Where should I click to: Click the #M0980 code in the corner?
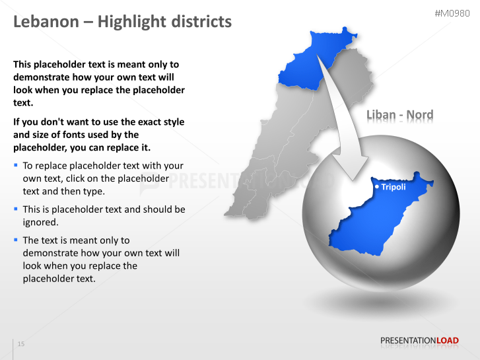(454, 13)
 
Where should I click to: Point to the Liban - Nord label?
(400, 116)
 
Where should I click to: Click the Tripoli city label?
(394, 187)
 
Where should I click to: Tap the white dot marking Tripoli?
(377, 187)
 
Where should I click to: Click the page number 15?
(21, 344)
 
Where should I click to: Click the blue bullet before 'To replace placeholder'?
(16, 165)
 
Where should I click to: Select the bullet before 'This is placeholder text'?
(16, 209)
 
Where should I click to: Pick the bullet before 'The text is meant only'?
(16, 240)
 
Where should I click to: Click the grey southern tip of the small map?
(231, 210)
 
